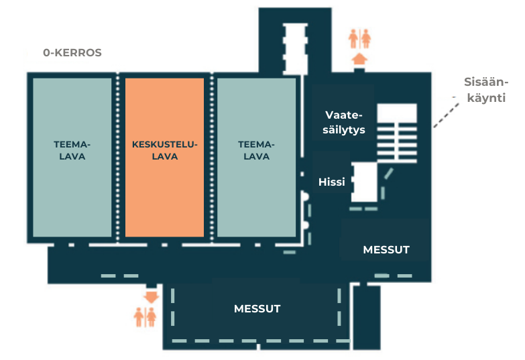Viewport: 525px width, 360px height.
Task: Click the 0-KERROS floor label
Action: (x=72, y=52)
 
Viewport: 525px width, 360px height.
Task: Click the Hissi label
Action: (x=332, y=181)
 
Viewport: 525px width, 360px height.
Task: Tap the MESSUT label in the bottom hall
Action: (x=257, y=308)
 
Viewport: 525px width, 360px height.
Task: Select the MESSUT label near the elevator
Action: (x=386, y=249)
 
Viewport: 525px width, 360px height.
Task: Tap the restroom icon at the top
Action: (x=359, y=38)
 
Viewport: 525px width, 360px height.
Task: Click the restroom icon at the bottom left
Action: (x=145, y=316)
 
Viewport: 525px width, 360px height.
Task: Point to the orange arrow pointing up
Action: (x=359, y=59)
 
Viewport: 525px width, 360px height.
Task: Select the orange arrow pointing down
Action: (x=151, y=295)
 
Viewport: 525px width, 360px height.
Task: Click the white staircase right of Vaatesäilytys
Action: (x=396, y=131)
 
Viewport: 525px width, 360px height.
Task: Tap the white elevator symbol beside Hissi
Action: (x=365, y=182)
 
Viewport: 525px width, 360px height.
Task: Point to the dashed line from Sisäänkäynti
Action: (x=443, y=113)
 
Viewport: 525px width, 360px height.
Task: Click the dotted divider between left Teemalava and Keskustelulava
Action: (x=119, y=158)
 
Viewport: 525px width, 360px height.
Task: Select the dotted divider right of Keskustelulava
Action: (x=211, y=158)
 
